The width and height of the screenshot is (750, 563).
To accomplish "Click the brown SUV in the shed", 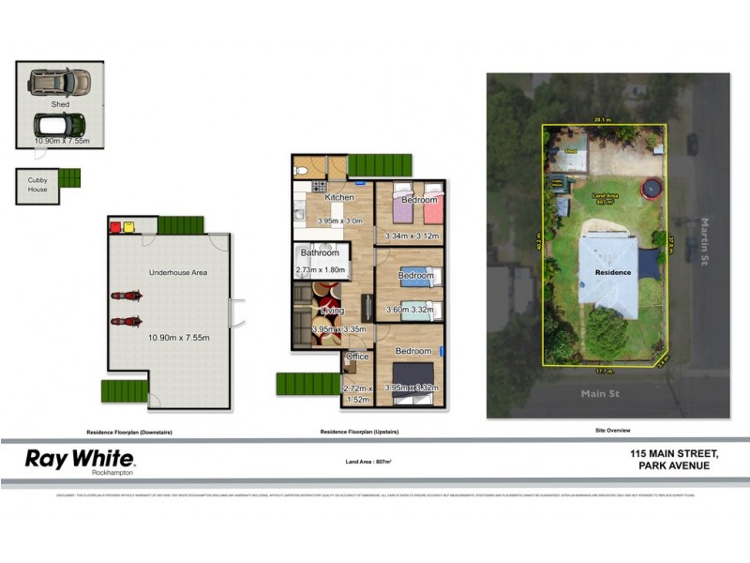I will coord(59,83).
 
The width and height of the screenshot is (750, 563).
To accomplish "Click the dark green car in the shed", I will coord(59,125).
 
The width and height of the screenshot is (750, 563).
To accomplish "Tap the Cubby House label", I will coord(37,184).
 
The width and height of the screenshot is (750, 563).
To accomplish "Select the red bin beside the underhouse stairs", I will coord(115,226).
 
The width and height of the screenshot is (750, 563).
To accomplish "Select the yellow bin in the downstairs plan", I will coord(129,226).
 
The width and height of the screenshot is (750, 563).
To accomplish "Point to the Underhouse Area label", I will coord(178,273).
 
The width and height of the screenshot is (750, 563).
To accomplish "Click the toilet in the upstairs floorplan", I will coord(302,168).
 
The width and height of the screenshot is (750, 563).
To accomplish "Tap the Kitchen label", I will coord(339,198).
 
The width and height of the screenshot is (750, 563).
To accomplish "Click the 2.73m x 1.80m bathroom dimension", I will coord(321,271).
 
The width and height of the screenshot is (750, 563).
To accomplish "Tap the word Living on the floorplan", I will coord(332,311).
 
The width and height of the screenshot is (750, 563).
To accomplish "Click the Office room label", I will coord(356,358).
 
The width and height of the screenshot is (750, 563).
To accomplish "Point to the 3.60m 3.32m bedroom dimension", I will coord(410,311).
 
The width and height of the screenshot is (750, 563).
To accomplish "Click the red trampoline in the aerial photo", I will coord(650,190).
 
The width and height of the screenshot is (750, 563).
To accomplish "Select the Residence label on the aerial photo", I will coord(613,272).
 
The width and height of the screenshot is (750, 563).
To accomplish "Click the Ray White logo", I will coord(80,460).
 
